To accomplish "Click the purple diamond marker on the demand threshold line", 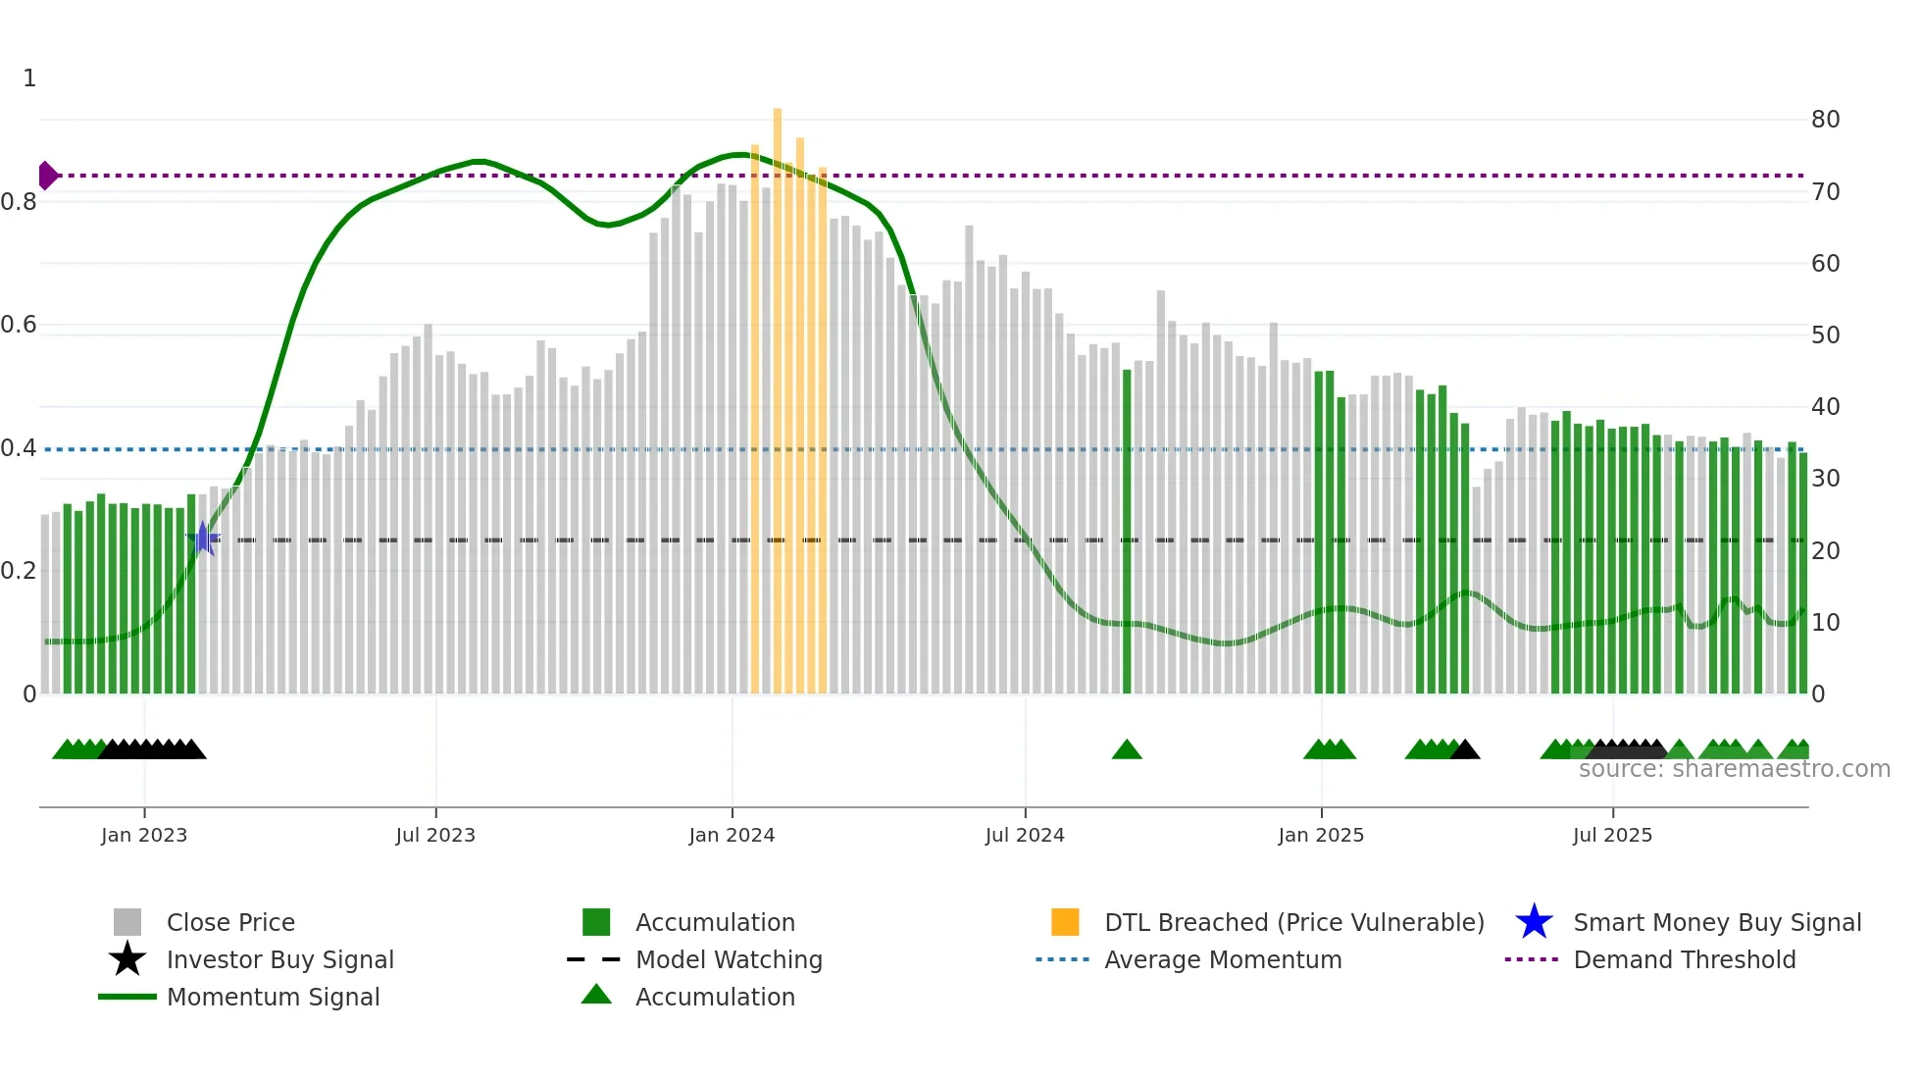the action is tap(47, 176).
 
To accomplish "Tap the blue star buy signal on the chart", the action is tap(203, 539).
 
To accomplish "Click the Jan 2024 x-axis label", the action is tap(732, 835).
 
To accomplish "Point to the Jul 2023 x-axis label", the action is tap(435, 835).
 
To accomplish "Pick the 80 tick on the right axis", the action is tap(1825, 120).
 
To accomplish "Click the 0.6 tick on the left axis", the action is tap(20, 325).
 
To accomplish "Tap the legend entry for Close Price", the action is tap(230, 922).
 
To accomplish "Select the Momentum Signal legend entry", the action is tap(273, 997).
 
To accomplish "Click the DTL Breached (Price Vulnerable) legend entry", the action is tap(1293, 922).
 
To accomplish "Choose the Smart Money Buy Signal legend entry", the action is tap(1716, 922).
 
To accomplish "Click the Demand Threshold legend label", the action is tap(1684, 959).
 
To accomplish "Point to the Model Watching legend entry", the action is tap(729, 959).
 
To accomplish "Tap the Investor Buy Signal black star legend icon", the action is tap(127, 959).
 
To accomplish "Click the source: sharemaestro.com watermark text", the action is tap(1734, 769).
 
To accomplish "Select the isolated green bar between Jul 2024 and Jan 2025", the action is tap(1127, 530).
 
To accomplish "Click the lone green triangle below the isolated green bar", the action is tap(1127, 750).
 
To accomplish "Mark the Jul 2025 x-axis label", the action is tap(1612, 835).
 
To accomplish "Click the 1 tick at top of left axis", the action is tap(29, 78).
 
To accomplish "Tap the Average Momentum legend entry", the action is tap(1223, 959).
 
